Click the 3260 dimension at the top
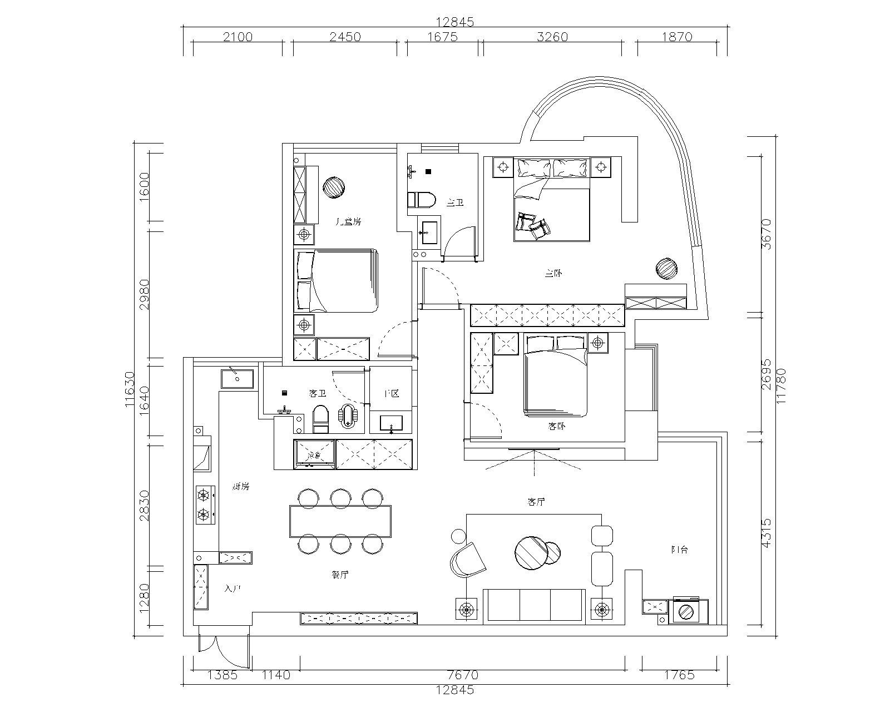[x=552, y=37]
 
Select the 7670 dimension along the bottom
[x=463, y=675]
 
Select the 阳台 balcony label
[x=680, y=550]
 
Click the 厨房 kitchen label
[x=240, y=487]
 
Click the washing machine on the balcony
[x=688, y=612]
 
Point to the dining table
[x=340, y=521]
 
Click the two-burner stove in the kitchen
[x=205, y=504]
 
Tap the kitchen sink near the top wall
[x=238, y=378]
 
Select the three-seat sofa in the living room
[x=535, y=605]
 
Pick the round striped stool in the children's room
[x=335, y=187]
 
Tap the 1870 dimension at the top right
[x=678, y=37]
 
